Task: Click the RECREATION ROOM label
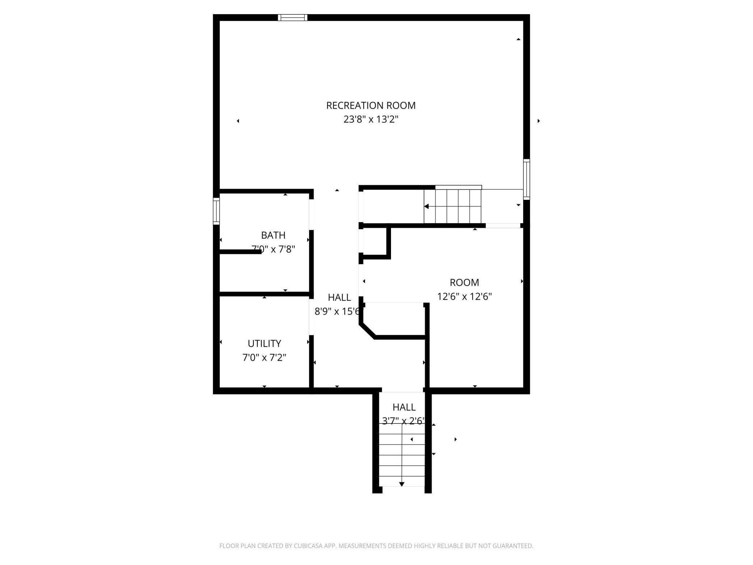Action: (371, 105)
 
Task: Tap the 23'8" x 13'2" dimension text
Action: (371, 120)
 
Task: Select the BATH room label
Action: (273, 235)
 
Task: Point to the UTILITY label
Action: (264, 343)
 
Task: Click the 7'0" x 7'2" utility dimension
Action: (264, 358)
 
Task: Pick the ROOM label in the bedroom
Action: (464, 282)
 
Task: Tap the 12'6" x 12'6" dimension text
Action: (464, 297)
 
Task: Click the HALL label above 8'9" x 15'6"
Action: (339, 297)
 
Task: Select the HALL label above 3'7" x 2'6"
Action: (404, 407)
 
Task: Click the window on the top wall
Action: (293, 17)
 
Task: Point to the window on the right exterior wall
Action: (526, 179)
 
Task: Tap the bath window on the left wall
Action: (216, 211)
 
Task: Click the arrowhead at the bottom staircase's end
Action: (401, 484)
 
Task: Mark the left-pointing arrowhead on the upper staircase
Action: (426, 206)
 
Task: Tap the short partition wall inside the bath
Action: (240, 252)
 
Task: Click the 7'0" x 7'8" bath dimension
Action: (273, 250)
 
